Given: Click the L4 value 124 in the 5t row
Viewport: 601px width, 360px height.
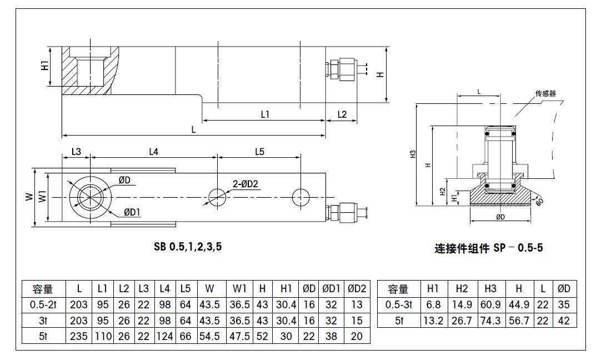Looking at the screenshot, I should (164, 336).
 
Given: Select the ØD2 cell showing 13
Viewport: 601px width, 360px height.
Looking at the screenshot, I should (357, 304).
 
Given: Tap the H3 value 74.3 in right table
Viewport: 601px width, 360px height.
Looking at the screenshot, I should (490, 321).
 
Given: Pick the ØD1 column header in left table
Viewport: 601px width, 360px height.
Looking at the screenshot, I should (331, 289).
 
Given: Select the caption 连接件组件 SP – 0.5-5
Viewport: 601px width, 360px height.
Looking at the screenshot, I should (488, 248).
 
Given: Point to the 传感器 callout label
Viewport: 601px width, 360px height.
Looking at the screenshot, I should (545, 94).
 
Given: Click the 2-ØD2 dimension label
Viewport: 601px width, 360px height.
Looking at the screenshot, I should (246, 184).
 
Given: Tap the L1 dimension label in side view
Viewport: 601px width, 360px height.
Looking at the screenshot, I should (265, 114).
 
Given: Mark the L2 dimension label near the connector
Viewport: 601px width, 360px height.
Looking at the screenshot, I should (342, 114).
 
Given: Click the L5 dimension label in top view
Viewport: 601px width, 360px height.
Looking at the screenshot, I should (259, 151).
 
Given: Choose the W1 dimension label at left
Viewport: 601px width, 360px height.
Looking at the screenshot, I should (42, 197).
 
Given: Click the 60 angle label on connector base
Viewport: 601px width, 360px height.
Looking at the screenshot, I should (539, 201).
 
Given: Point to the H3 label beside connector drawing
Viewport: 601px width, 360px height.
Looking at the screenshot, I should (413, 154).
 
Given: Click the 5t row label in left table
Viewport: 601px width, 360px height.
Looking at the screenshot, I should (41, 336).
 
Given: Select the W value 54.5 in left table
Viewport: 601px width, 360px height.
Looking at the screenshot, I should (209, 336).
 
